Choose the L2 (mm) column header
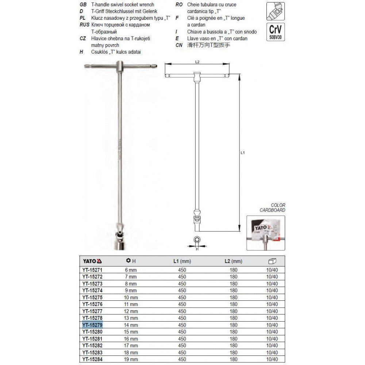tap(233, 261)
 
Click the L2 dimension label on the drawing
tap(197, 62)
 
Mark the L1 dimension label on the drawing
tap(243, 153)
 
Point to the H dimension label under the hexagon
tap(197, 249)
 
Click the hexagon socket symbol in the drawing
tap(197, 240)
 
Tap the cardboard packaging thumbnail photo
tap(266, 233)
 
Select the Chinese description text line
tap(210, 45)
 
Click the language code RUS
tap(85, 24)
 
